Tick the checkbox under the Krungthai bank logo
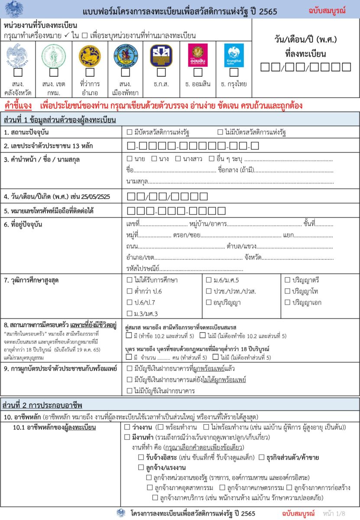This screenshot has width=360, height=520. (234, 72)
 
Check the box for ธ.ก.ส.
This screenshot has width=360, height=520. (161, 72)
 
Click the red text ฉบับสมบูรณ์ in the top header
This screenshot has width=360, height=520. (327, 10)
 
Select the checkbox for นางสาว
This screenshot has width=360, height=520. (178, 159)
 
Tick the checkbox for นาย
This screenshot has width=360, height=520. (130, 159)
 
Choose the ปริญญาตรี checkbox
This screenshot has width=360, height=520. (288, 280)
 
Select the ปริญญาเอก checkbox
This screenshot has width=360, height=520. (288, 302)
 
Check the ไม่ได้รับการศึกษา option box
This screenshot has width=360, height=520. (130, 280)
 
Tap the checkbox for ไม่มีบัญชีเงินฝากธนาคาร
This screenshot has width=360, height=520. (130, 390)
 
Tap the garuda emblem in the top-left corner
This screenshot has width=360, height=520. (14, 9)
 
